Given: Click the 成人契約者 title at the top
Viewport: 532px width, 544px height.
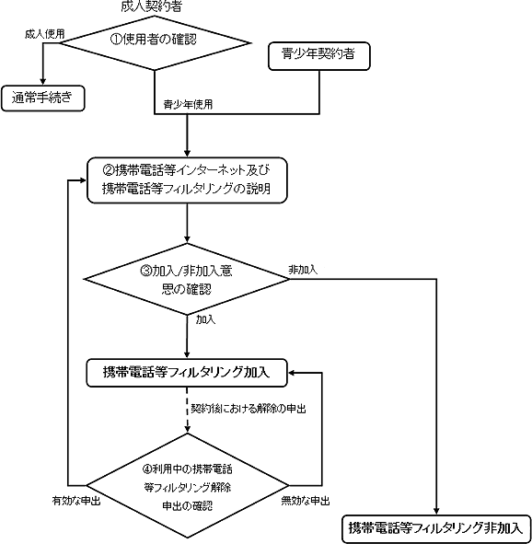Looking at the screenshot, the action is [151, 6].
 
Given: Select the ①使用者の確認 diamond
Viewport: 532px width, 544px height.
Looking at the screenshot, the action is [155, 43].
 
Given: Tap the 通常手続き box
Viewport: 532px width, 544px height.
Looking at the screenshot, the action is [43, 98].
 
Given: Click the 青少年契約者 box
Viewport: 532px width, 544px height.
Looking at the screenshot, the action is [319, 56].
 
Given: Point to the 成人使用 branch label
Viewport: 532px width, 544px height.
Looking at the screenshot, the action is [45, 34].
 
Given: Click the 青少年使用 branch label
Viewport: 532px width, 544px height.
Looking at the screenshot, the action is [188, 104].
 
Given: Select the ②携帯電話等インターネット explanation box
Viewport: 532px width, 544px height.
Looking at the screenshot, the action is [187, 180].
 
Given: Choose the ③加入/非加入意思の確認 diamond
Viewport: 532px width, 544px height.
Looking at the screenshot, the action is [187, 279].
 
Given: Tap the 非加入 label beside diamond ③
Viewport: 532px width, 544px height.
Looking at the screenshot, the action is [303, 270].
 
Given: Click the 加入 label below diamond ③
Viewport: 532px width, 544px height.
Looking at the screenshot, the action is [205, 319].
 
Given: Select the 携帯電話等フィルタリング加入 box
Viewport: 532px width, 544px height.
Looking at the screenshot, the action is [187, 373].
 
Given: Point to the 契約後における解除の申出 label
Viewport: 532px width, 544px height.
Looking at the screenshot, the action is [249, 409].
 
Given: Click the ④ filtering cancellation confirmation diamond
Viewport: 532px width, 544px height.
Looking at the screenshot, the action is [187, 485].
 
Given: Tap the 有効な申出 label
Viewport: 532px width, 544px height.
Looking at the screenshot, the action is [76, 501].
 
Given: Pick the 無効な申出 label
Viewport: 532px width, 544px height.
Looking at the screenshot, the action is [306, 501].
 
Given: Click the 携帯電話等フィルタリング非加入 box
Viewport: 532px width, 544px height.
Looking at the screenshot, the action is [436, 529].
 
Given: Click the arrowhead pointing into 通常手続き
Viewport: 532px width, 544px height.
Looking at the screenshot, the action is [43, 82].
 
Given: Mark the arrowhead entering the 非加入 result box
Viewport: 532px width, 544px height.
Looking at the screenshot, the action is [436, 512].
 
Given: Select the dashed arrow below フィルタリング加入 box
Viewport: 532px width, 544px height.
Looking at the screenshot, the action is [187, 410].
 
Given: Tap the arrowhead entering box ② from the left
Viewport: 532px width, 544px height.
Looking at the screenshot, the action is [83, 180].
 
